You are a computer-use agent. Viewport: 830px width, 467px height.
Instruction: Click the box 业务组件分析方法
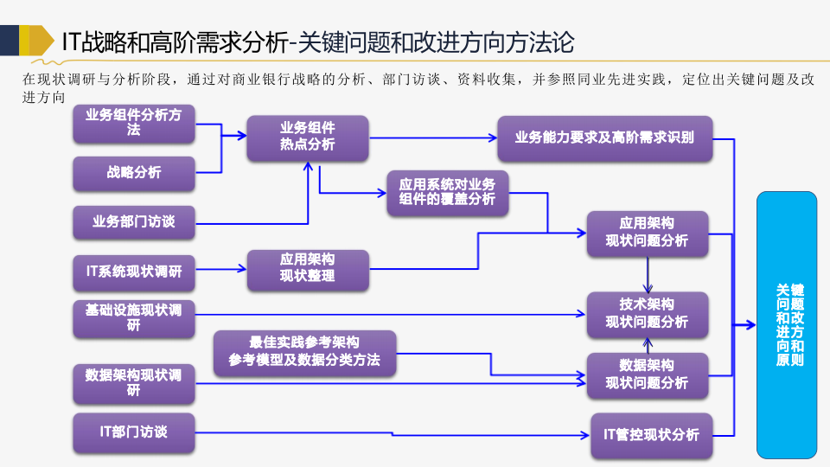click(x=134, y=123)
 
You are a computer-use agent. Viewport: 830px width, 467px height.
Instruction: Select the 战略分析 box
click(x=134, y=172)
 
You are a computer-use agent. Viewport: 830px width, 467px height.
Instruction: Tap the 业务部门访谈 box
click(x=134, y=221)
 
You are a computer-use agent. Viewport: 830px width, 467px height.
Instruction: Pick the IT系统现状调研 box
click(x=134, y=271)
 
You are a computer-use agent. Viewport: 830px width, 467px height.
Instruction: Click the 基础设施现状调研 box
click(x=134, y=317)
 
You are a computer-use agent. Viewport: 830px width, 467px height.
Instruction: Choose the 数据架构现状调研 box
click(x=134, y=382)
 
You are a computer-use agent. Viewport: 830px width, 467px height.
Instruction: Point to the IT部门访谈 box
click(x=134, y=432)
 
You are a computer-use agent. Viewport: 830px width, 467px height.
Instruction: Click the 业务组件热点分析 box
click(x=308, y=137)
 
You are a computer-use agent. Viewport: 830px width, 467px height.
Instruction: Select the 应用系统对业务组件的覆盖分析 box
click(x=447, y=192)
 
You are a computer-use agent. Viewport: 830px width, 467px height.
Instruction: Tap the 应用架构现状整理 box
click(x=308, y=269)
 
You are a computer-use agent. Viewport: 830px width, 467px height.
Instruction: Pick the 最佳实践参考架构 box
click(x=304, y=351)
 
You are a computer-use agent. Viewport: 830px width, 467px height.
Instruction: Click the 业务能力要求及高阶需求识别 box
click(x=604, y=138)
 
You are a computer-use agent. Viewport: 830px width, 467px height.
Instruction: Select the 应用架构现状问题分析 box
click(x=648, y=233)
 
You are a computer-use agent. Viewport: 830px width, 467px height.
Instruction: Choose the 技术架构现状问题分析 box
click(x=648, y=313)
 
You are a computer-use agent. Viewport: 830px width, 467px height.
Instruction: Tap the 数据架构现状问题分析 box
click(x=648, y=374)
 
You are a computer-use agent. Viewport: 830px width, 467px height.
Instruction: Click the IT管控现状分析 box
click(x=651, y=434)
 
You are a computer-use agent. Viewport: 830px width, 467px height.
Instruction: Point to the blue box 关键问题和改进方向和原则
click(x=787, y=324)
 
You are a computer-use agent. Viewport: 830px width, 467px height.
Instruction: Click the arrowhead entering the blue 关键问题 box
click(x=751, y=324)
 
